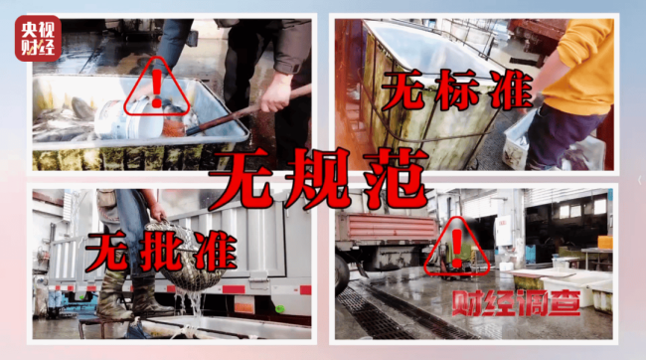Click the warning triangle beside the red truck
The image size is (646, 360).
coord(454,249)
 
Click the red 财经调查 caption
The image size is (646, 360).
coord(517,303)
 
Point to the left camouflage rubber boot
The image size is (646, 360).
coord(111,295)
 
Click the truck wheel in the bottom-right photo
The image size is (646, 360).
coord(342,272)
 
